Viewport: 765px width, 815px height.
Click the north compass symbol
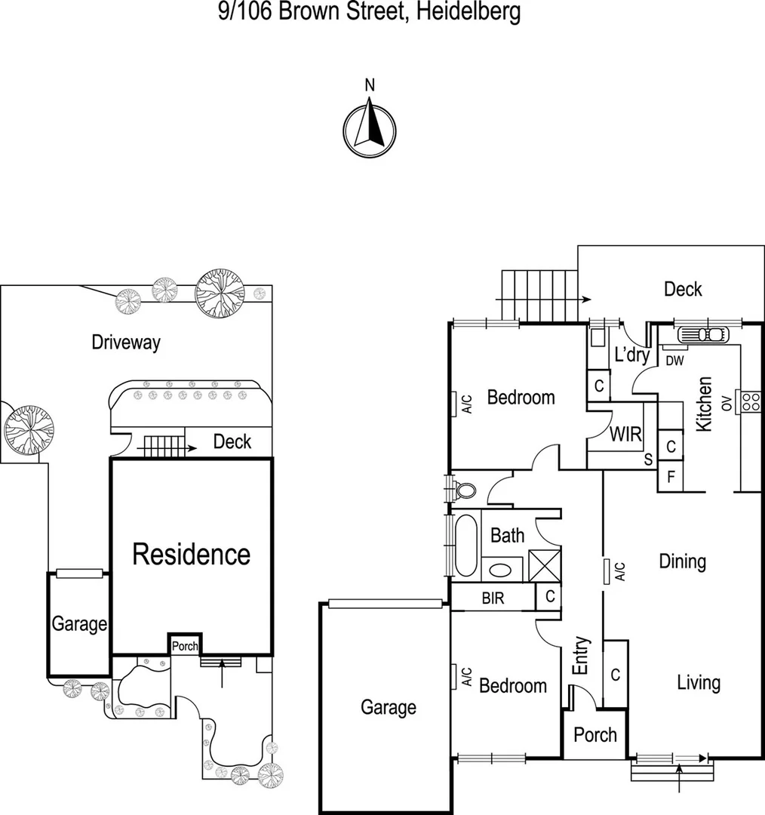coord(370,130)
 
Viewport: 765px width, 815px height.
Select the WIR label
coord(625,435)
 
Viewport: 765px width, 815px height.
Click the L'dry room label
coord(631,355)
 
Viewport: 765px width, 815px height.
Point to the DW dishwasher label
coord(674,361)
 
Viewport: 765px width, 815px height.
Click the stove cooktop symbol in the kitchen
coord(751,401)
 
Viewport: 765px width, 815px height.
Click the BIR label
coord(493,598)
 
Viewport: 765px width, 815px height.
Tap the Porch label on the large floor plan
coord(595,734)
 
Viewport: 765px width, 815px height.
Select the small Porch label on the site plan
coord(184,646)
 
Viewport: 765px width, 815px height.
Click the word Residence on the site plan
coord(191,555)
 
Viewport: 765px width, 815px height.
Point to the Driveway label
coord(126,343)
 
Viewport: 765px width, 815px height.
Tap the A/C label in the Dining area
coord(619,571)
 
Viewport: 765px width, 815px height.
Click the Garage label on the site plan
coord(79,624)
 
